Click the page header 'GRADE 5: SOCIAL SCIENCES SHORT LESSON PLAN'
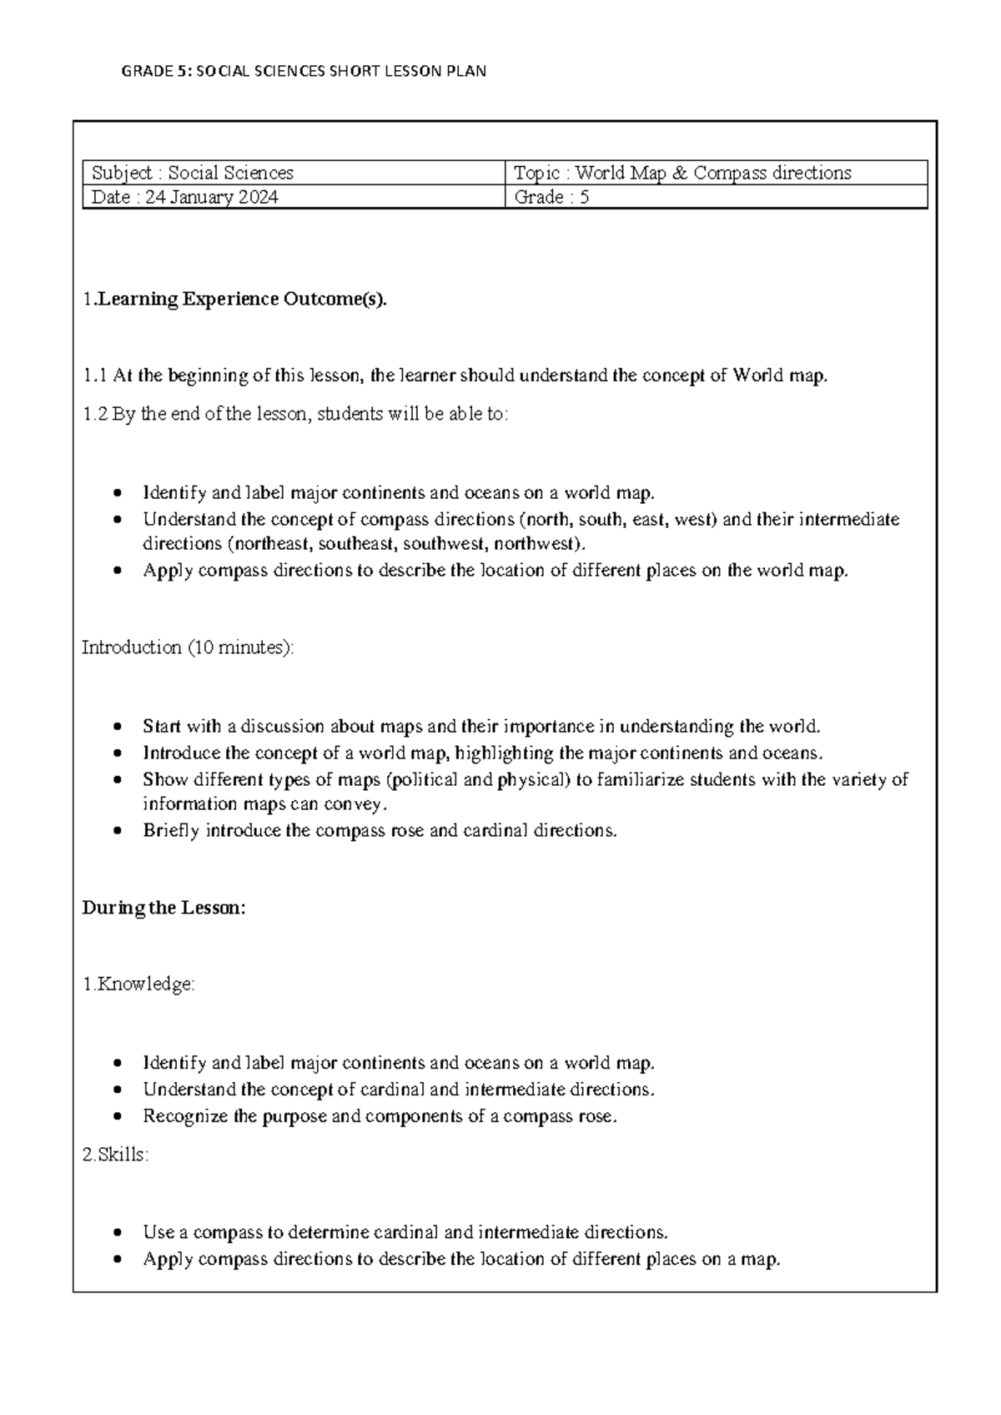coord(304,71)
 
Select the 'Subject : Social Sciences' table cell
coord(193,173)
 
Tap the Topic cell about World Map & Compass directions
coord(682,173)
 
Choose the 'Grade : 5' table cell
coord(551,198)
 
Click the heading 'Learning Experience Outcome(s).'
coord(242,300)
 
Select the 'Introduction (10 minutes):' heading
coord(188,647)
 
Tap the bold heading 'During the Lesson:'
coord(164,908)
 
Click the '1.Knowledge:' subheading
coord(138,984)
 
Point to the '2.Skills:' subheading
coord(116,1156)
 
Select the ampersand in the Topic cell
coord(680,173)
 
